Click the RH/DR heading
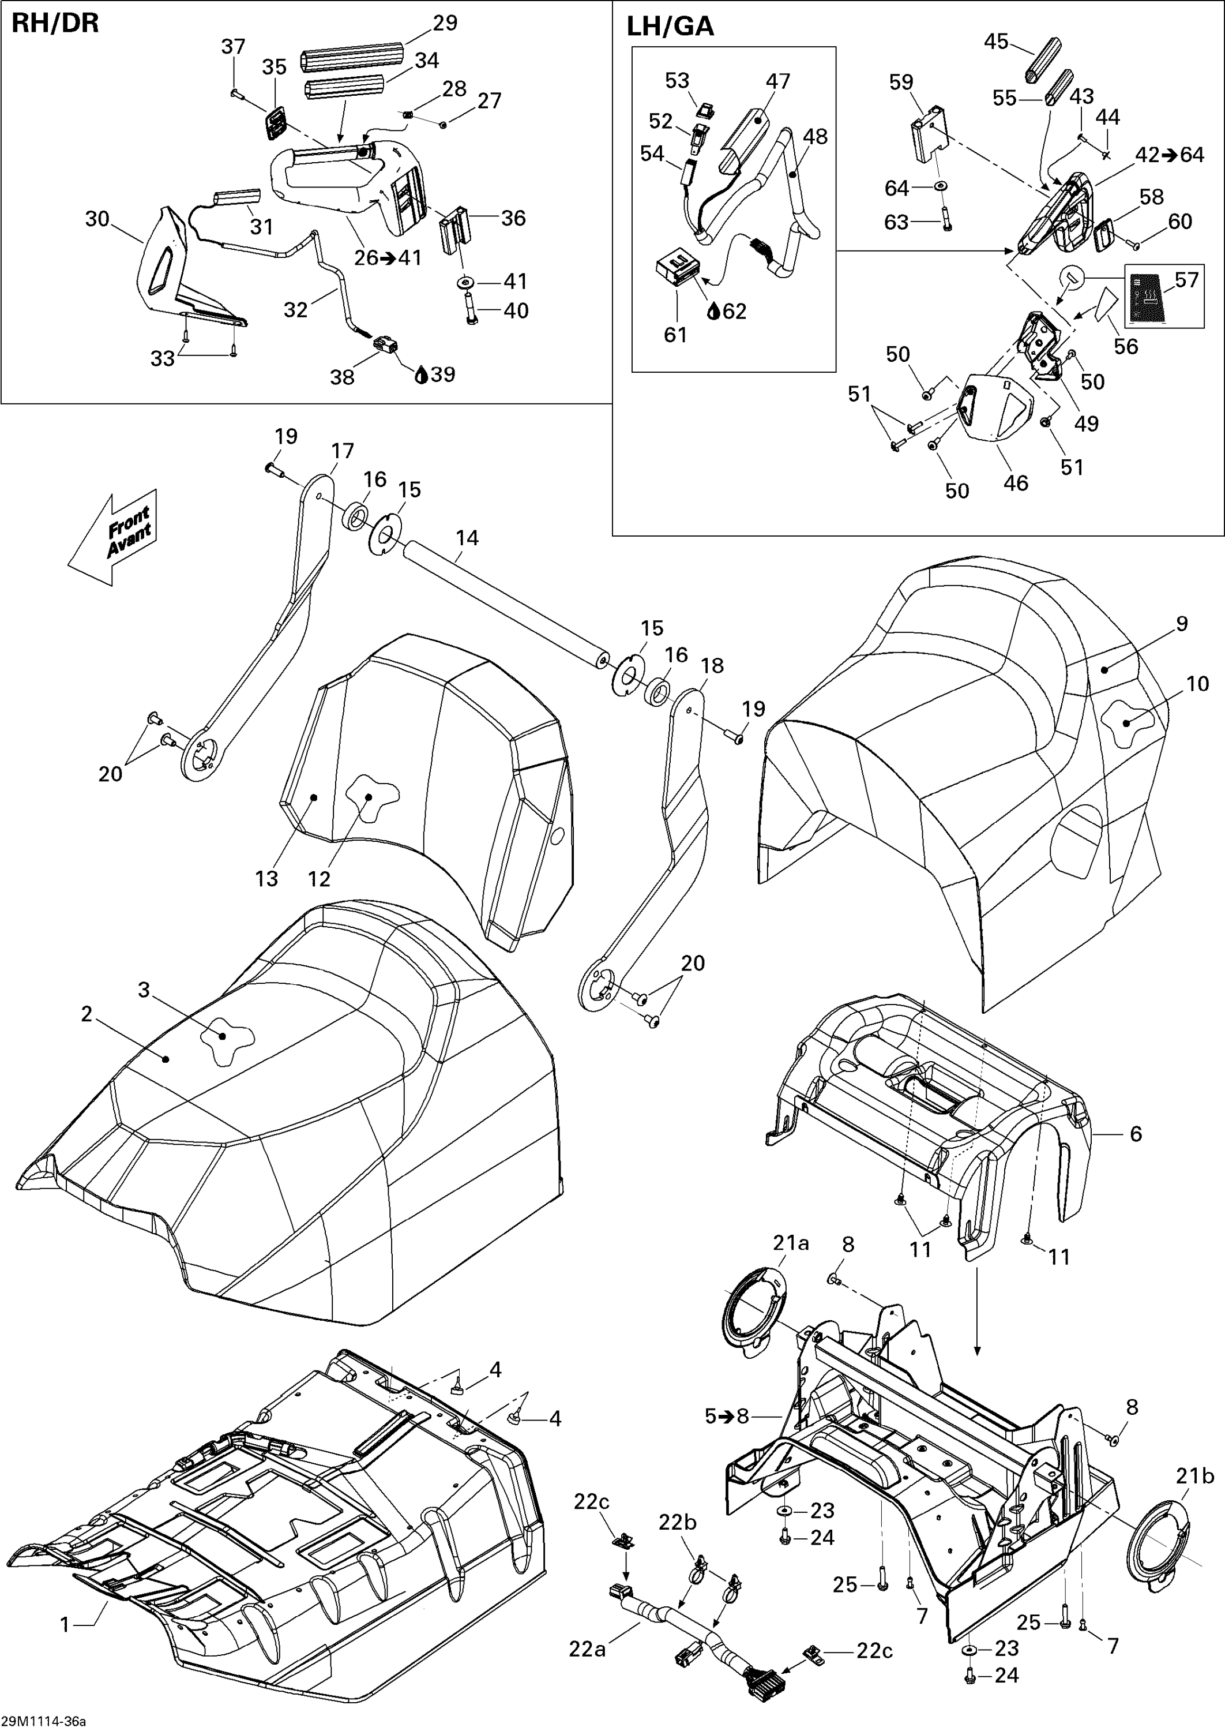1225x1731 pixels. [x=55, y=24]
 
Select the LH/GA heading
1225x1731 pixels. [x=670, y=27]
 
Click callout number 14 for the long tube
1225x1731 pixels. [x=467, y=538]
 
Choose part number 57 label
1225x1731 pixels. [x=1186, y=280]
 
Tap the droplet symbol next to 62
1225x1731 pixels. [x=713, y=312]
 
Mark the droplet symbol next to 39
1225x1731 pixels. [x=422, y=375]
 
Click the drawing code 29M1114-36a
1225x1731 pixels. [x=44, y=1721]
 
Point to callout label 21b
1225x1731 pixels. [x=1196, y=1476]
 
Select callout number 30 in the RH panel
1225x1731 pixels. [x=97, y=219]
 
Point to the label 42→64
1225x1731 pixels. [x=1170, y=155]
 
